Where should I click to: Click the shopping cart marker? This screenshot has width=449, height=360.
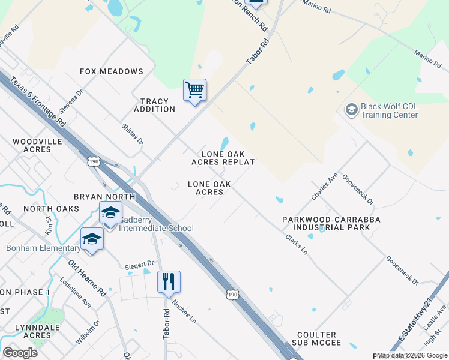[x=194, y=91]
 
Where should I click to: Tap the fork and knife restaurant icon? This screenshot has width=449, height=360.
[x=169, y=281]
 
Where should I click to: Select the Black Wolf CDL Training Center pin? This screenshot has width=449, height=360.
[x=351, y=110]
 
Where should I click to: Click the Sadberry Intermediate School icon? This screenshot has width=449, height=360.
[x=110, y=213]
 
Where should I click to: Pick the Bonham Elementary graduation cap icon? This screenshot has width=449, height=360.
[x=92, y=239]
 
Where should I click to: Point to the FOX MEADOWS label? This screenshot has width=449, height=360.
[x=112, y=71]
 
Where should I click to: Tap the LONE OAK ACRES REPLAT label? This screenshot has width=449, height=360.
[x=223, y=158]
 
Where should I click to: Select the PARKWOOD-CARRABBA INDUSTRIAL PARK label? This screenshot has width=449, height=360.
[x=331, y=224]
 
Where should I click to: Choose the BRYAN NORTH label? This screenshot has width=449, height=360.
[x=104, y=197]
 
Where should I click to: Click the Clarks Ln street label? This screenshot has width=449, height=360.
[x=297, y=244]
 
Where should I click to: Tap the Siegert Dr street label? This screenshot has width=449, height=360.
[x=139, y=263]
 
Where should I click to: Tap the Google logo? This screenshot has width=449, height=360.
[x=20, y=353]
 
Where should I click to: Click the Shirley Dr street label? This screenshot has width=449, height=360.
[x=133, y=133]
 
